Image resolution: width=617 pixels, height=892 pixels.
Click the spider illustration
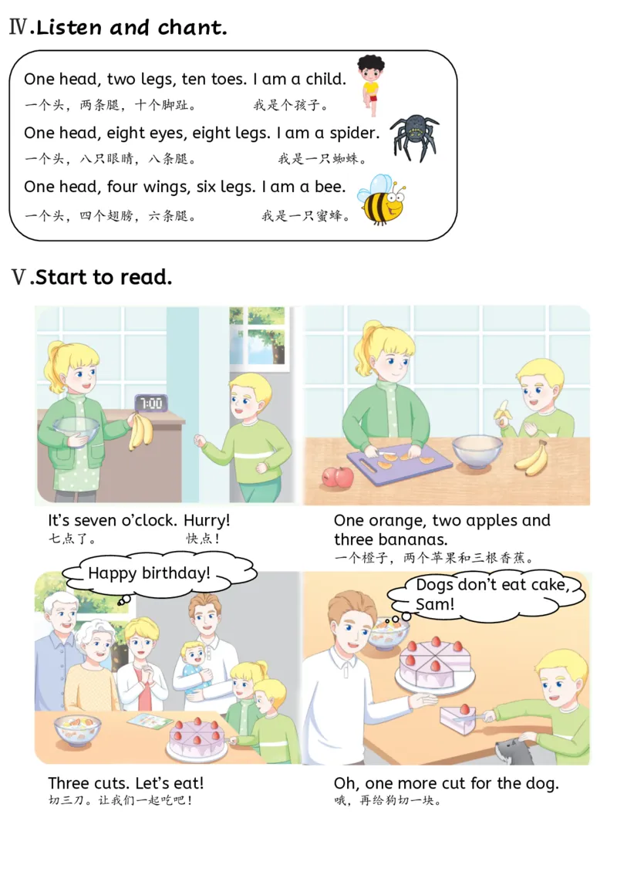pyautogui.click(x=413, y=137)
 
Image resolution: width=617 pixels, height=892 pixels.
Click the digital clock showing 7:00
pyautogui.click(x=150, y=403)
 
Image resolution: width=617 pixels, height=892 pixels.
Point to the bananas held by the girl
pyautogui.click(x=140, y=431)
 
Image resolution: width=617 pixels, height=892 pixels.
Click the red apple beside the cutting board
pyautogui.click(x=337, y=476)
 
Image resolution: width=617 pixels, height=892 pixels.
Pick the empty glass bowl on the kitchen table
pyautogui.click(x=477, y=451)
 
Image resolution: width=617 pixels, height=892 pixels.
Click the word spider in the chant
pyautogui.click(x=353, y=133)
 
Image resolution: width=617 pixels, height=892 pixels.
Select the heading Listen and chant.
pyautogui.click(x=131, y=28)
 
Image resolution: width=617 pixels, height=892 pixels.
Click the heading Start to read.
pyautogui.click(x=103, y=277)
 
